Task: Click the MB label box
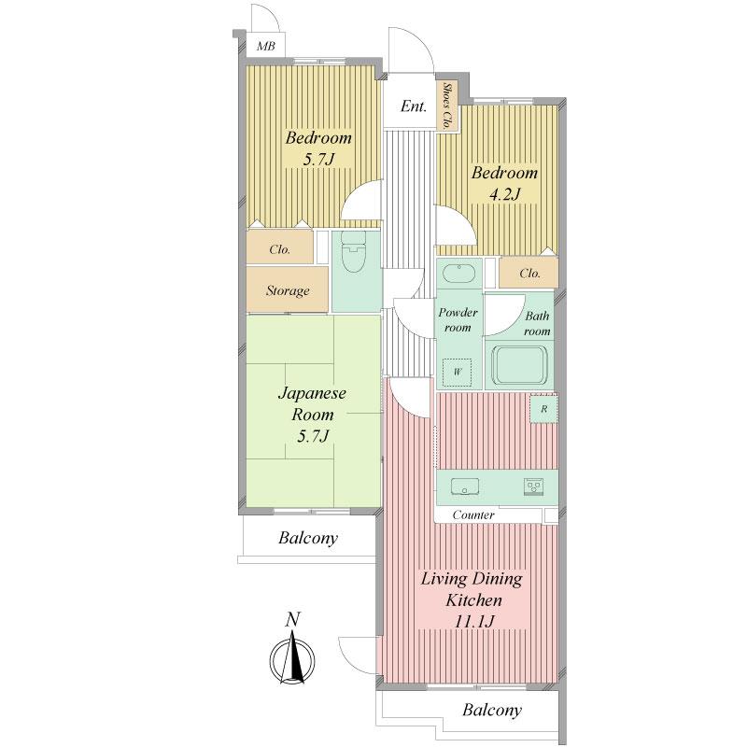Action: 266,46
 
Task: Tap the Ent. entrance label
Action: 414,106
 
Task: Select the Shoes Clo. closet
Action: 448,106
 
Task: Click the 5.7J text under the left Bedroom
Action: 318,160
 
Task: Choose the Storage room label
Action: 288,290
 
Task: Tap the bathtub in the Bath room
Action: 517,365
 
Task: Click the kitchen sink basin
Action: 464,486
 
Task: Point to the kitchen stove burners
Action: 534,486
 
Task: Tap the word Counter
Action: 473,515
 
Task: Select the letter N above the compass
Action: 293,619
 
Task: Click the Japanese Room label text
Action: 312,403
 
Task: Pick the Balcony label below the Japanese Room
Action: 307,539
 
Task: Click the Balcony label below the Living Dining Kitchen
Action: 492,711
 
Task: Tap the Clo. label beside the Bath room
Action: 529,274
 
